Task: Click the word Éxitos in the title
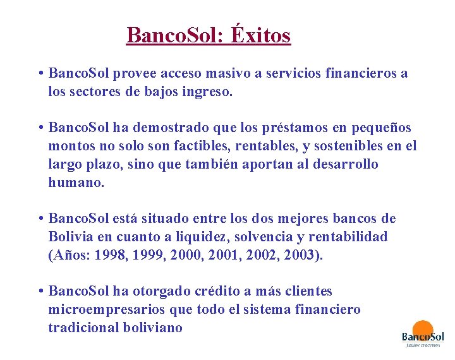coord(260,35)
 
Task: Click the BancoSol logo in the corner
coord(423,335)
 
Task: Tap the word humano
coord(75,183)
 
